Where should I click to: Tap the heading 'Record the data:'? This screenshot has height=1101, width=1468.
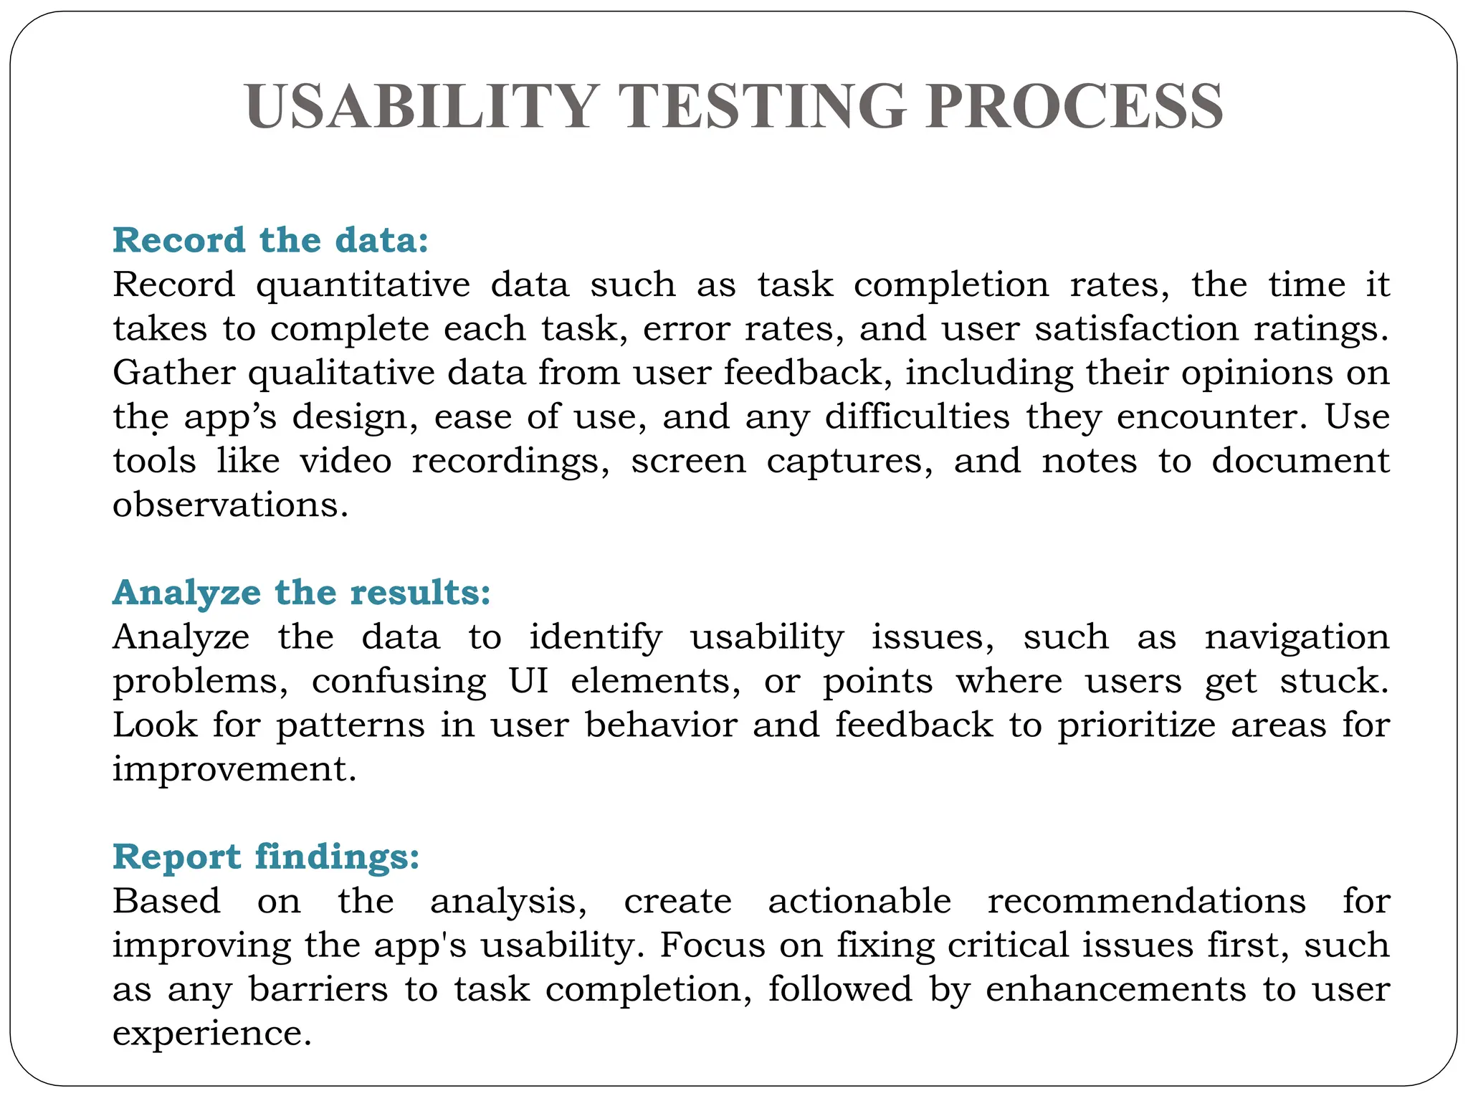270,239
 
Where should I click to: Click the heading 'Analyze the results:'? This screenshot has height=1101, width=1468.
301,592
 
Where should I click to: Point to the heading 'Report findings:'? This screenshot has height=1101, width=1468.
266,856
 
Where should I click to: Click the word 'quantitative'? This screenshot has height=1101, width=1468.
363,285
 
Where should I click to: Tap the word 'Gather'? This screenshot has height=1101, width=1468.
174,373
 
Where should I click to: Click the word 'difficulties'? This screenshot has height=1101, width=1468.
917,417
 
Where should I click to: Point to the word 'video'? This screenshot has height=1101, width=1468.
346,461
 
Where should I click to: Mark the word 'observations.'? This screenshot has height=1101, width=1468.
230,505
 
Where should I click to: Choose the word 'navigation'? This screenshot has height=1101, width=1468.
1297,637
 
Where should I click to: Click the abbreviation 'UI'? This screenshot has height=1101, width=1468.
529,681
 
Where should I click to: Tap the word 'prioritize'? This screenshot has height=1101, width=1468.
1136,725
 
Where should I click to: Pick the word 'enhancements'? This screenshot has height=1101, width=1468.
1116,990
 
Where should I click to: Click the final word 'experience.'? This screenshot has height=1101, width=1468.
212,1034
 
